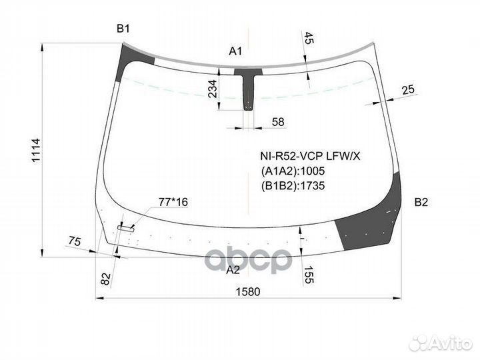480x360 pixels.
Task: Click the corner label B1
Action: tap(123, 28)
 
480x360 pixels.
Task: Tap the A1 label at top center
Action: tap(235, 51)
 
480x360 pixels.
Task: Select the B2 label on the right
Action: tap(421, 203)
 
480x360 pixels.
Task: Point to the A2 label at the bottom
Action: tap(233, 270)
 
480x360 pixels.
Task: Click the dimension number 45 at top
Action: tap(307, 38)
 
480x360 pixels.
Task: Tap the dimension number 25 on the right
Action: tap(408, 90)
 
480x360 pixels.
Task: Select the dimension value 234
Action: tap(213, 89)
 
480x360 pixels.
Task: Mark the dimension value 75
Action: tap(75, 242)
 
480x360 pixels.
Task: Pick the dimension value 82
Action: tap(105, 277)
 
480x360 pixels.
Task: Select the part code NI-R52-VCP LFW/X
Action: tap(310, 156)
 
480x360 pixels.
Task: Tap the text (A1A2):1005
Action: tap(293, 171)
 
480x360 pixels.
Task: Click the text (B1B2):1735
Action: tap(293, 186)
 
